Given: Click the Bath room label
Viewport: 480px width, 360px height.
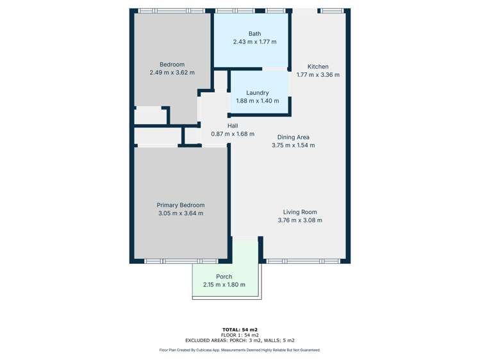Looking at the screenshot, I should [254, 34].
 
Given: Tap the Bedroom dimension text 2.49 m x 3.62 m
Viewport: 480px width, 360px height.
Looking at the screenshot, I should [172, 73].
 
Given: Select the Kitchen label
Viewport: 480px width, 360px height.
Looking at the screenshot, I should [318, 67].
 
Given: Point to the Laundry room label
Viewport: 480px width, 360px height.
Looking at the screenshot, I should [257, 93].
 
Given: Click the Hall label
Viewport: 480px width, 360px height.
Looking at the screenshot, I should [233, 126].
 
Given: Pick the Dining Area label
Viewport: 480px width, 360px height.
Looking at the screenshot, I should [294, 137].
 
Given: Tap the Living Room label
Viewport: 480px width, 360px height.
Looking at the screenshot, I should [300, 212].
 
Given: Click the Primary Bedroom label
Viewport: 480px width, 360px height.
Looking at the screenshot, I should [181, 205].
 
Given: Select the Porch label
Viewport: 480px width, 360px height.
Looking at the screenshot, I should [224, 277].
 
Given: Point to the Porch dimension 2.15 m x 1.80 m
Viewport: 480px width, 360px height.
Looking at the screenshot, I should [224, 285].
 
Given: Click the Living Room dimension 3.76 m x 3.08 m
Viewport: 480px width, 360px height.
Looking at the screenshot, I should [300, 220].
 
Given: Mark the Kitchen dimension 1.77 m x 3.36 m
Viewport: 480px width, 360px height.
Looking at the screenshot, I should [318, 75].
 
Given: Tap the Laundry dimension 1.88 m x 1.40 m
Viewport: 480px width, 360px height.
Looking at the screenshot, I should [257, 101].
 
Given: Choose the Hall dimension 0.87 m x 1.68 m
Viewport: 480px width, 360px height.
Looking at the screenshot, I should [233, 135].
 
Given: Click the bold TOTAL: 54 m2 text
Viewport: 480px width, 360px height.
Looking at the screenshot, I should [240, 329].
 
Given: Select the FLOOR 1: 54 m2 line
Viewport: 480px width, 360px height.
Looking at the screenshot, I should [240, 335].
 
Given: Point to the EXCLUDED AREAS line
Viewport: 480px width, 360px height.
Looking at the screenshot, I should [240, 341].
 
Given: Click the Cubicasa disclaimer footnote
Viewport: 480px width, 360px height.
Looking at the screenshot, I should [240, 350].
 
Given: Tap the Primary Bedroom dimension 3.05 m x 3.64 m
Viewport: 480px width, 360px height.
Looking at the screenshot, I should [181, 213].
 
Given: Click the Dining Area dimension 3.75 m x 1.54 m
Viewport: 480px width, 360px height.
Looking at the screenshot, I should [294, 145].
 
